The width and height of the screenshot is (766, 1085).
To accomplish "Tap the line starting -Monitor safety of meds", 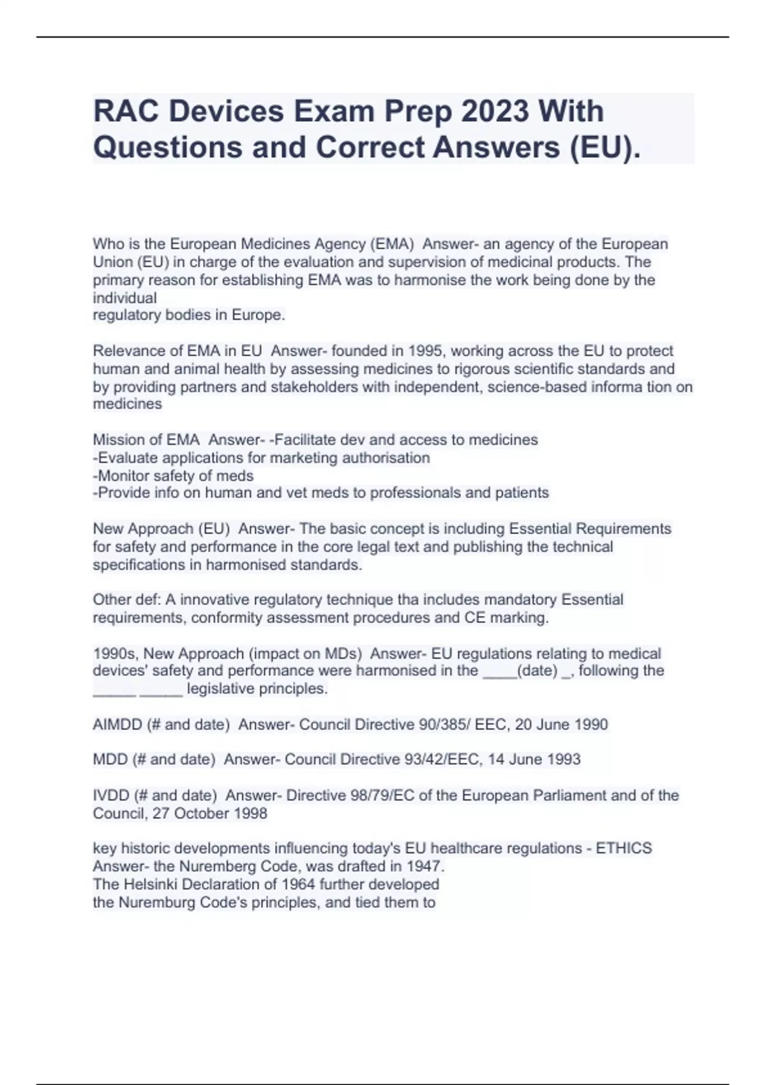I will (x=173, y=476).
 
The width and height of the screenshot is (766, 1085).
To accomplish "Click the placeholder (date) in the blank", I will (x=537, y=671).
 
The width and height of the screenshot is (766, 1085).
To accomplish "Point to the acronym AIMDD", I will (x=117, y=724).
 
